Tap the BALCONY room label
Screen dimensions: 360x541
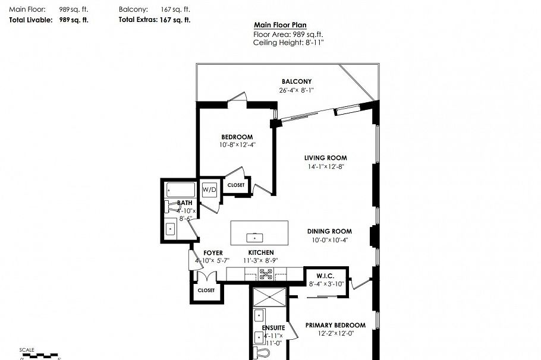click(296, 81)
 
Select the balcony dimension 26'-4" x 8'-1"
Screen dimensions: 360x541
click(296, 90)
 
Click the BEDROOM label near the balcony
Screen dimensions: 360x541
click(237, 137)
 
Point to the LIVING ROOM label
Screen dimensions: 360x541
click(325, 158)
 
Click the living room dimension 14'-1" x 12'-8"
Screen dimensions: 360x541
click(325, 167)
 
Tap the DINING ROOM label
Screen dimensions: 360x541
click(329, 231)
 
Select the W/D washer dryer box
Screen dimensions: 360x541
click(210, 190)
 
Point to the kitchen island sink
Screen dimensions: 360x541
click(255, 237)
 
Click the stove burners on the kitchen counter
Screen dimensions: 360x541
click(266, 274)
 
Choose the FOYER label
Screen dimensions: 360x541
click(213, 252)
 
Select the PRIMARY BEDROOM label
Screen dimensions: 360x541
click(335, 325)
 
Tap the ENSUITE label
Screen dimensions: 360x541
click(273, 327)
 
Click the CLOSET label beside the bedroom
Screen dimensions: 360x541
click(236, 185)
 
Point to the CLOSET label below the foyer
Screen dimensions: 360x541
click(206, 290)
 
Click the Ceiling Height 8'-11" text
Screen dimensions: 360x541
click(288, 42)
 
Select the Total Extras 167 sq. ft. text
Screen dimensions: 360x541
click(155, 20)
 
